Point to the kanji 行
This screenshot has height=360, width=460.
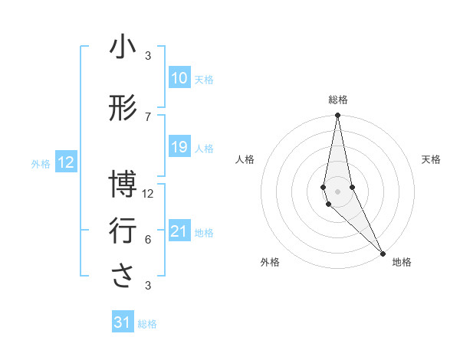123,231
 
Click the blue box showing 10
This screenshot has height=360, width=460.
179,78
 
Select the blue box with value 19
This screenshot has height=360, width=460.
179,147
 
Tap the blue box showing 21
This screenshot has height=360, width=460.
179,231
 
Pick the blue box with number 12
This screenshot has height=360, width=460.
66,162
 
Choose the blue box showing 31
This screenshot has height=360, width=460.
123,322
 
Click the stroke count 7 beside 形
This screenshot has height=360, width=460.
148,116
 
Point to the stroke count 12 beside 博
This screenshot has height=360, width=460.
148,193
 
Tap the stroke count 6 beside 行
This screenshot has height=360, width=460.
148,239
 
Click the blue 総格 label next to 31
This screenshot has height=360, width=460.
147,324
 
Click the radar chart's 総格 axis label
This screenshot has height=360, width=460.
337,100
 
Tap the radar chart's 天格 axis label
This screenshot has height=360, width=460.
431,159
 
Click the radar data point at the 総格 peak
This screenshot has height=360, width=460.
337,116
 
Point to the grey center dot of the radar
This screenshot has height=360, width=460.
337,191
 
